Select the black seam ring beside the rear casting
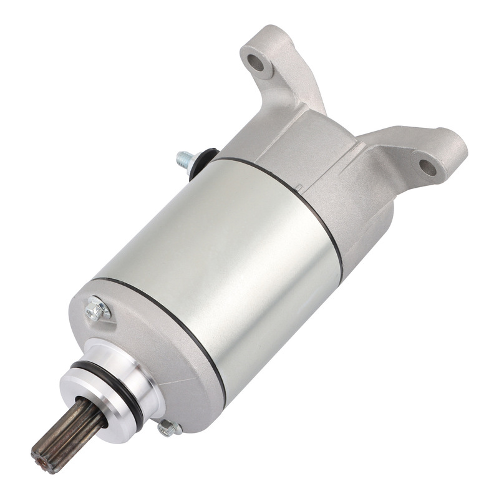coord(293,187)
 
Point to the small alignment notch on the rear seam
coord(300,186)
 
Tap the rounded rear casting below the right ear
coord(368,218)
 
